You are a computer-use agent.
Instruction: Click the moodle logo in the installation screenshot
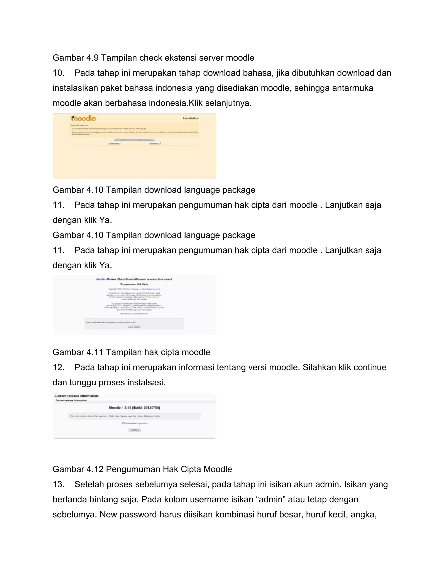click(x=83, y=118)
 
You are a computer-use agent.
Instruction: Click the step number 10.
click(x=58, y=73)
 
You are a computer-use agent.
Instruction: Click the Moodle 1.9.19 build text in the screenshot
click(x=135, y=408)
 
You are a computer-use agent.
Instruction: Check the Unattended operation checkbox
click(x=123, y=423)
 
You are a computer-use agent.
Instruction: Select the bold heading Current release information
click(x=76, y=396)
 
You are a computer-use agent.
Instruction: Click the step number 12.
click(x=58, y=367)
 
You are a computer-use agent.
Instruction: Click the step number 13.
click(x=58, y=484)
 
